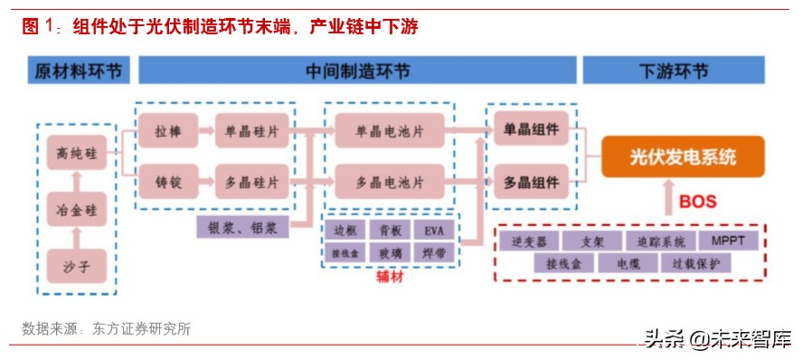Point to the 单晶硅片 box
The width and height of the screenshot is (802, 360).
tap(251, 131)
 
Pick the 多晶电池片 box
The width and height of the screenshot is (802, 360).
tap(389, 182)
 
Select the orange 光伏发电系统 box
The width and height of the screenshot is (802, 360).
tap(683, 156)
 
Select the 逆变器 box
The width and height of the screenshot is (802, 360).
tap(527, 241)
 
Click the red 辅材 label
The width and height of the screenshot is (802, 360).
tap(390, 278)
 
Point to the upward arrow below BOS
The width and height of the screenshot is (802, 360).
tap(671, 201)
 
